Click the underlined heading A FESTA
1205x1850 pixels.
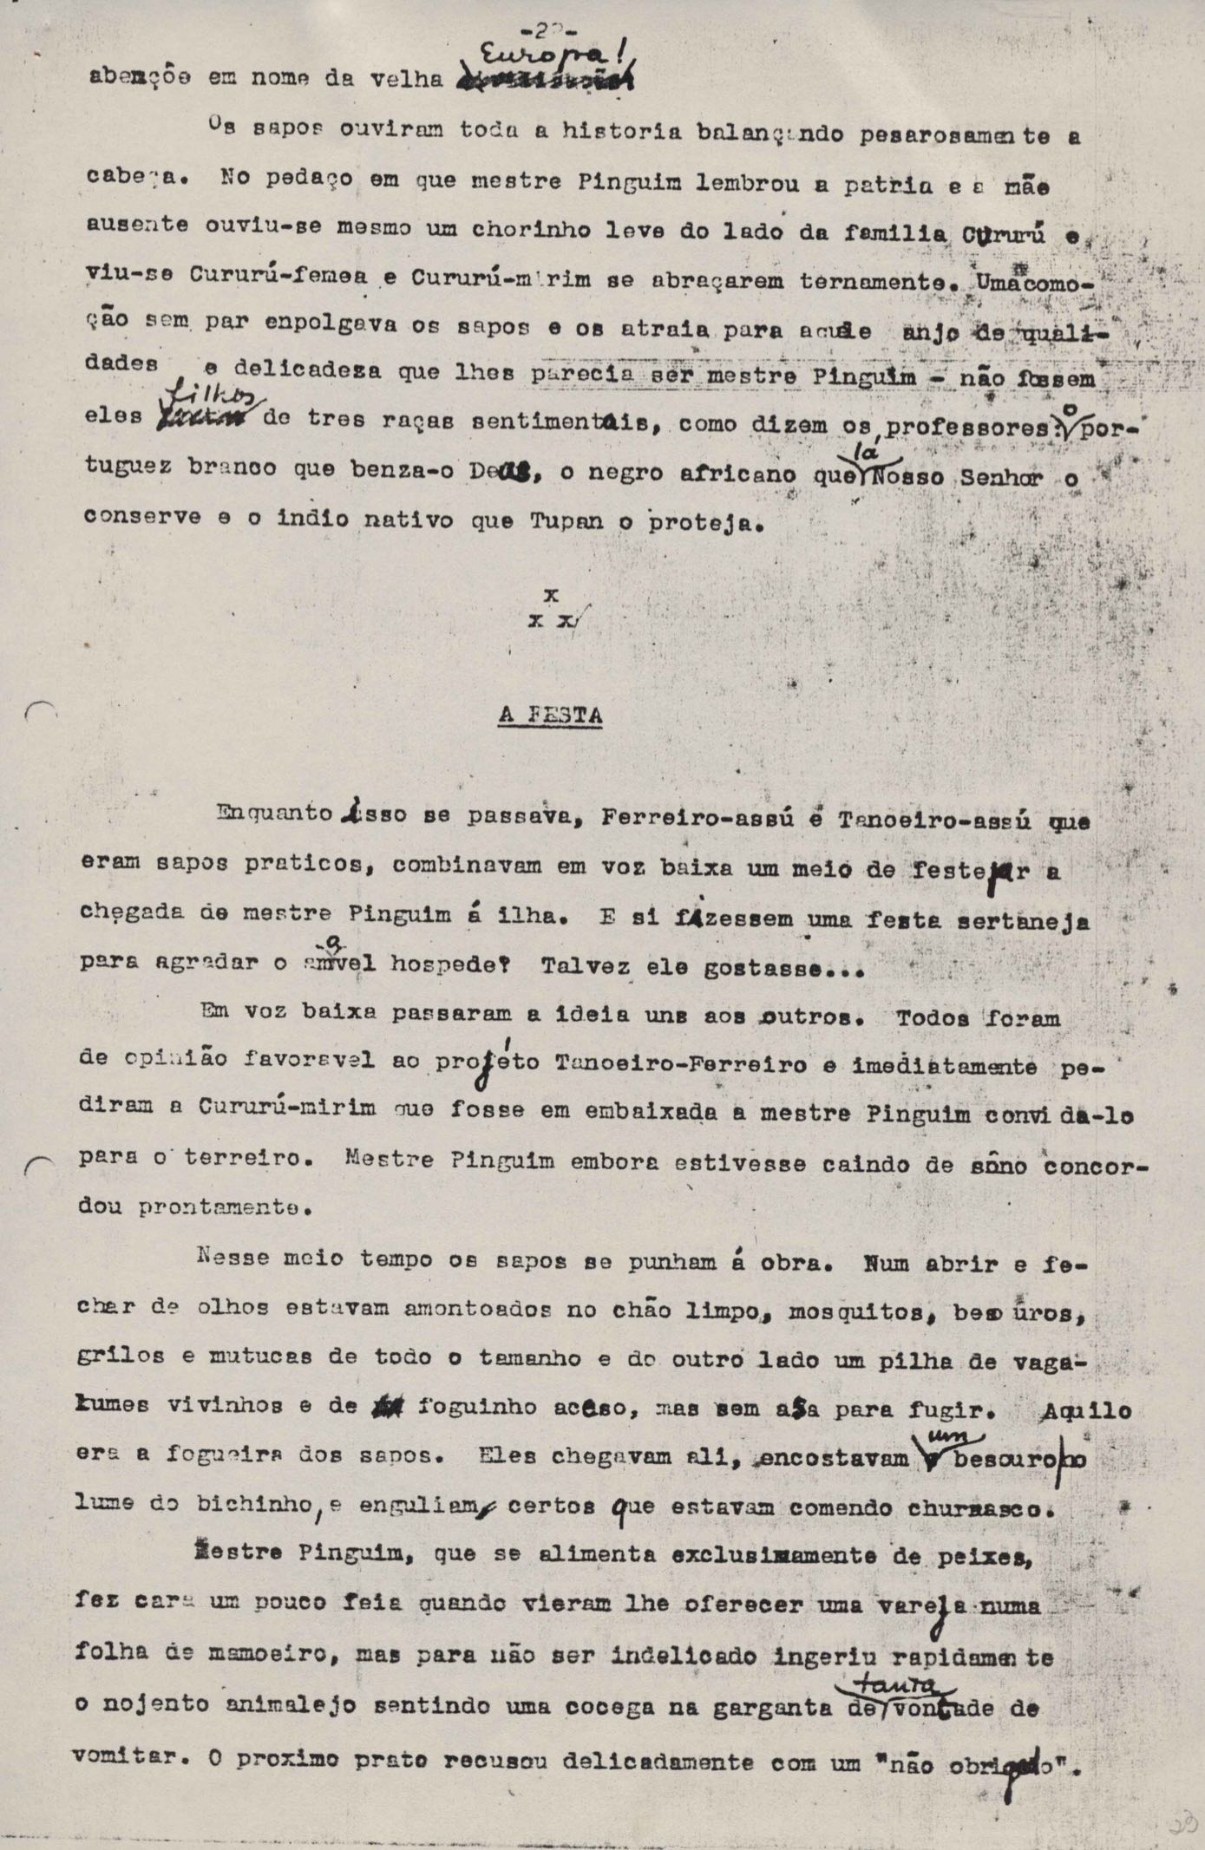tap(550, 716)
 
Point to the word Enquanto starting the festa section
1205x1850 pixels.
tap(276, 814)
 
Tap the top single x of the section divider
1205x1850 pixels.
tap(550, 595)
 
